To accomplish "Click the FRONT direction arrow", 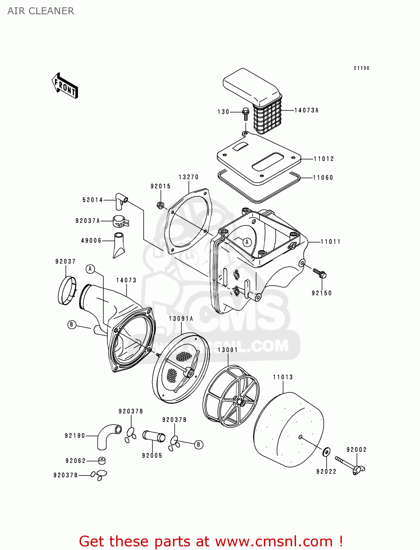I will tap(65, 86).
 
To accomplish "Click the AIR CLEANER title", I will tap(41, 11).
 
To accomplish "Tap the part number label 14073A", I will tap(306, 110).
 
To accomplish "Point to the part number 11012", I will tap(324, 159).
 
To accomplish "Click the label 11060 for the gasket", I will tap(323, 178).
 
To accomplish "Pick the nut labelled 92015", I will tap(160, 205).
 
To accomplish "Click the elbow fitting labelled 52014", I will tap(121, 200).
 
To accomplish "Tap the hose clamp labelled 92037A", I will tap(120, 221).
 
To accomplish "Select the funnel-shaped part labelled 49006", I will tap(119, 245).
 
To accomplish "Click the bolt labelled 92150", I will tap(320, 273).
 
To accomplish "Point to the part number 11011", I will tap(330, 242).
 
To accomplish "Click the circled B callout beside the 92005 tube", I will tap(198, 445).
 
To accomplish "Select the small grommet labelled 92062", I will tap(102, 461).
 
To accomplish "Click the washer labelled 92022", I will tap(326, 452).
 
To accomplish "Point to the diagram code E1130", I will tap(361, 68).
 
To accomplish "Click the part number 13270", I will tap(188, 177).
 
